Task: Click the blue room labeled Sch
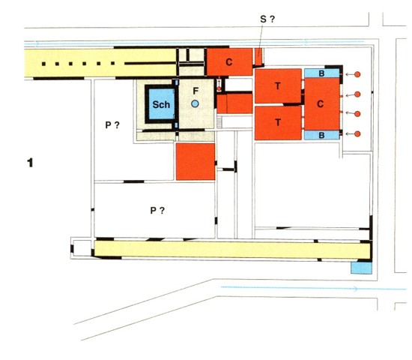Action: pos(161,104)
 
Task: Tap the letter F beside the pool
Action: pos(196,91)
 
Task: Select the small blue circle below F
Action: pos(195,103)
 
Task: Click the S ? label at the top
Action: pos(267,19)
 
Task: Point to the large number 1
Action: pos(30,163)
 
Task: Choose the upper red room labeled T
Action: pos(278,85)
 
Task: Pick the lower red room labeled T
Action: pos(278,123)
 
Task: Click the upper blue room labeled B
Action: pos(322,73)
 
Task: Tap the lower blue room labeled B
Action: pos(322,135)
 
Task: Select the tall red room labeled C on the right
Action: pos(322,104)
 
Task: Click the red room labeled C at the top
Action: pos(230,61)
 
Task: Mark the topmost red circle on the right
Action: pos(357,74)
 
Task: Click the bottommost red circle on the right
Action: pos(357,134)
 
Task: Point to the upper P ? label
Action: pos(112,125)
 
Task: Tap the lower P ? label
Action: pos(157,211)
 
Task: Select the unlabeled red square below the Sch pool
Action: pos(196,161)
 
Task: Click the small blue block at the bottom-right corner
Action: pos(362,268)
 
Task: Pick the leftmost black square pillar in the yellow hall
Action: pos(43,64)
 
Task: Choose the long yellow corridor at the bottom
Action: pos(232,250)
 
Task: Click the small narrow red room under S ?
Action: pos(258,56)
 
